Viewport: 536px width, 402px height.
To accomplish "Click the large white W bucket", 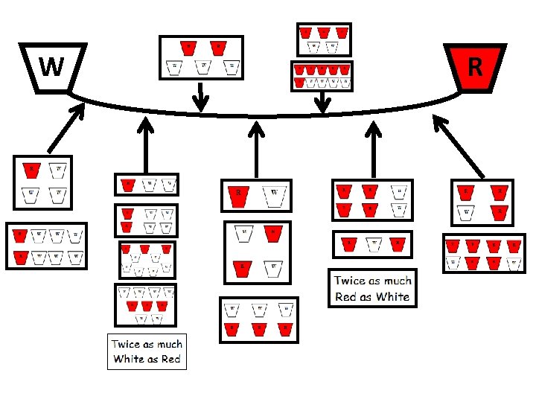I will [x=51, y=67].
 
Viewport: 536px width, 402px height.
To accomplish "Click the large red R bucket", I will [x=474, y=67].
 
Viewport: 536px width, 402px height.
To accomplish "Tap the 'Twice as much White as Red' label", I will [x=147, y=351].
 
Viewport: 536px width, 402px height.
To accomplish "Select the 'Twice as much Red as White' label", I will [x=371, y=289].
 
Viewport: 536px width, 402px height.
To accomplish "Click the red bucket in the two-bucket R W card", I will [x=238, y=196].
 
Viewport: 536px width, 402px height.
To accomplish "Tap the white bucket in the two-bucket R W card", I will [x=274, y=196].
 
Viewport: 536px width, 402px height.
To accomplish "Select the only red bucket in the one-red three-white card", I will [x=31, y=170].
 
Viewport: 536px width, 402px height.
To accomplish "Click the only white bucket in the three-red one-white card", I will [x=466, y=212].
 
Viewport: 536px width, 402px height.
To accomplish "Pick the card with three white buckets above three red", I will [x=258, y=319].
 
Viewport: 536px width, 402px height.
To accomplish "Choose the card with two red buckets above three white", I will [x=201, y=57].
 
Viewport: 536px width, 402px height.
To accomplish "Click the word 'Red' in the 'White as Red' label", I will [x=169, y=359].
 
